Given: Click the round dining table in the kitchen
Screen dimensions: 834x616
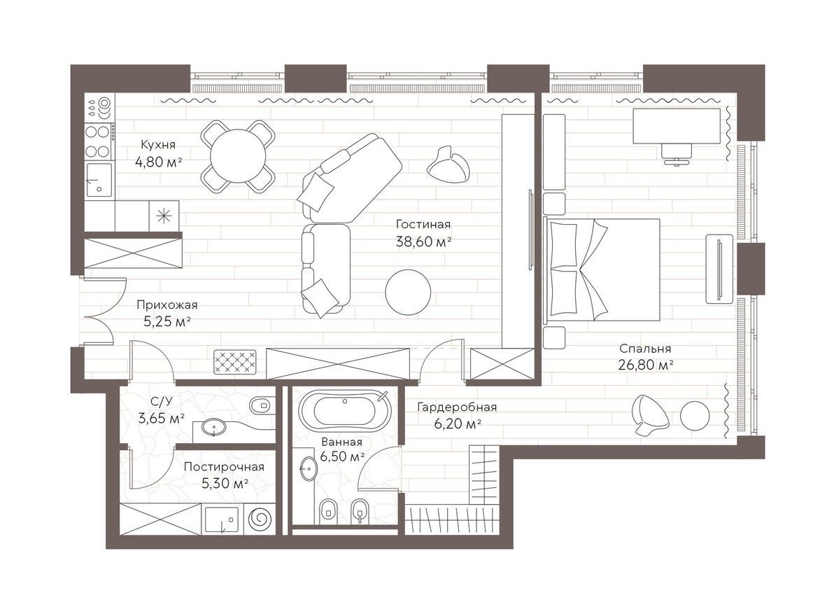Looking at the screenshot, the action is [x=238, y=156].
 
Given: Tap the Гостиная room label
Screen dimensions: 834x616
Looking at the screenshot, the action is [x=423, y=224].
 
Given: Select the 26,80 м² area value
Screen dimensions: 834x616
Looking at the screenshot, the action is [x=646, y=365].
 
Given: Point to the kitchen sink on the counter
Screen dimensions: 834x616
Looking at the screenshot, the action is [x=99, y=180].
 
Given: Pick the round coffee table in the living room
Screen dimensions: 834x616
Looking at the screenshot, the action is [x=408, y=292].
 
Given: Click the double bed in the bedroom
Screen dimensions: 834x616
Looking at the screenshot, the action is [x=602, y=269].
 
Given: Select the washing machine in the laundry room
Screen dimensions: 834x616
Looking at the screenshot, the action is [x=260, y=519].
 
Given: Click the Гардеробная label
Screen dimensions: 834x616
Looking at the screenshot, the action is [x=457, y=407].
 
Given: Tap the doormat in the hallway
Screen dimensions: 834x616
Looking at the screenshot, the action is [x=235, y=362].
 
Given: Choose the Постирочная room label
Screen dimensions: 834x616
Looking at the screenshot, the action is [x=224, y=467].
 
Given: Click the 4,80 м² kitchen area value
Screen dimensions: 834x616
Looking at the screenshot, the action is [x=159, y=162].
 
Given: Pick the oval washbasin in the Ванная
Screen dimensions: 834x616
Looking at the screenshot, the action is [x=309, y=468].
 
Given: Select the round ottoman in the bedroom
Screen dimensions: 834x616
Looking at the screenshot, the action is [x=695, y=414].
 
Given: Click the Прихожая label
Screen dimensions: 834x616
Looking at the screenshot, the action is [x=167, y=305].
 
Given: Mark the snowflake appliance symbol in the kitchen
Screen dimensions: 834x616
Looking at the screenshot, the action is [x=164, y=216].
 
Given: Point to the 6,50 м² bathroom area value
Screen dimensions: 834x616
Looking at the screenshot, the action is [x=342, y=456].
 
